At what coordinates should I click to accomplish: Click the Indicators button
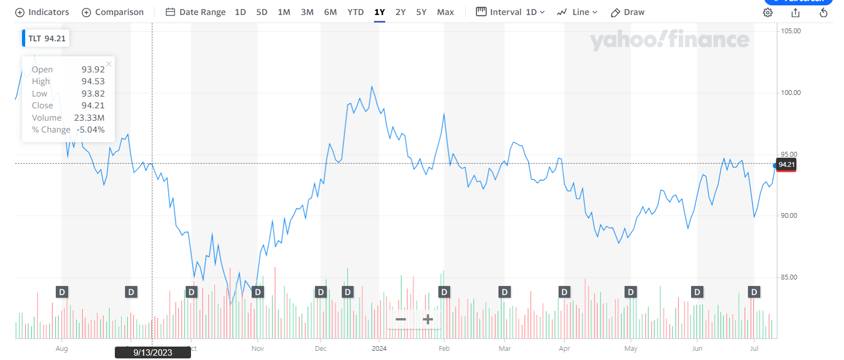(42, 12)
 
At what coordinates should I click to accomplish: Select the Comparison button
(113, 12)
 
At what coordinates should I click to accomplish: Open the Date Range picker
(196, 12)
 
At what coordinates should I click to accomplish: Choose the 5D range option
(262, 12)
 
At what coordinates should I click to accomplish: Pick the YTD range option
(355, 12)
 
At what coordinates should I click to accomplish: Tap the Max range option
(445, 12)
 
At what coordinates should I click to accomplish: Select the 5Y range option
(421, 12)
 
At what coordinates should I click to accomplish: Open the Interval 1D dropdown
(510, 12)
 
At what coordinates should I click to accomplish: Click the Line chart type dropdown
(577, 12)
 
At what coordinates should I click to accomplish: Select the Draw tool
(628, 12)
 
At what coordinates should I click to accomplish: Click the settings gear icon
(768, 13)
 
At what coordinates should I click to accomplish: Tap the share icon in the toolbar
(796, 13)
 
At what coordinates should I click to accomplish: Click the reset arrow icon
(824, 13)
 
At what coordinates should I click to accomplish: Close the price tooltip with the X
(109, 64)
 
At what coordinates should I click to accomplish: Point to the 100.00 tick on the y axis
(790, 93)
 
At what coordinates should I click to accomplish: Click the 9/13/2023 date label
(153, 352)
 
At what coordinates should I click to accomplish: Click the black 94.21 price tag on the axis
(787, 165)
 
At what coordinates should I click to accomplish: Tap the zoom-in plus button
(428, 320)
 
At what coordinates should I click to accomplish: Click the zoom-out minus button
(401, 320)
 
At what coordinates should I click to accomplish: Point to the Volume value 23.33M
(90, 118)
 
